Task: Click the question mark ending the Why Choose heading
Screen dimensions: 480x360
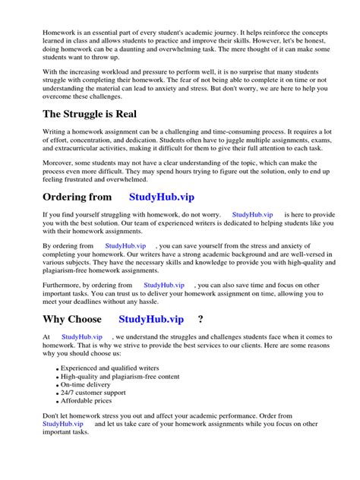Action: click(201, 319)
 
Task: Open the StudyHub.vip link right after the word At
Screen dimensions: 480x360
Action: click(82, 336)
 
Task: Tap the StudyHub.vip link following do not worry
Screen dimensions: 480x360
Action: click(252, 215)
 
